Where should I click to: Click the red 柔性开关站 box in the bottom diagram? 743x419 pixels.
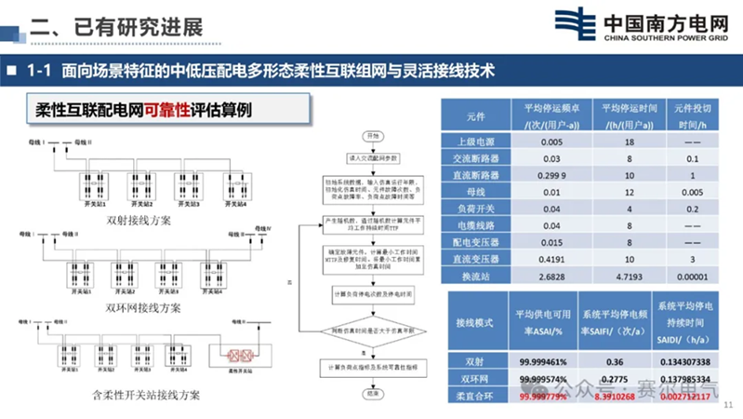pyautogui.click(x=231, y=356)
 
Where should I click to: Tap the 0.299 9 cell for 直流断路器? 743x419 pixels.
pyautogui.click(x=551, y=175)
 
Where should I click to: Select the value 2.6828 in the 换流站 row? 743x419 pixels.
pyautogui.click(x=551, y=276)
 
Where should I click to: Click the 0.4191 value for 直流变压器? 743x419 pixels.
pyautogui.click(x=551, y=259)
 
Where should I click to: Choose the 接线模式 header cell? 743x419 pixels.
pyautogui.click(x=471, y=322)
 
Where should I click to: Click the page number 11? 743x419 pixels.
pyautogui.click(x=729, y=405)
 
